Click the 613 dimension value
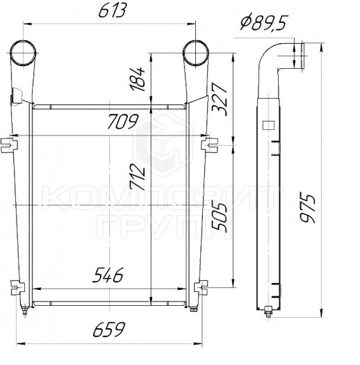(113, 10)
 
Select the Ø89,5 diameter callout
(263, 23)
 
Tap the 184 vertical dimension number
(138, 79)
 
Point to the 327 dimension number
(219, 99)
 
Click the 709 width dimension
(123, 121)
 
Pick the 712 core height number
(138, 177)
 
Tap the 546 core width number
(108, 275)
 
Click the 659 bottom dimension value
(109, 330)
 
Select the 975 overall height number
(307, 207)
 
